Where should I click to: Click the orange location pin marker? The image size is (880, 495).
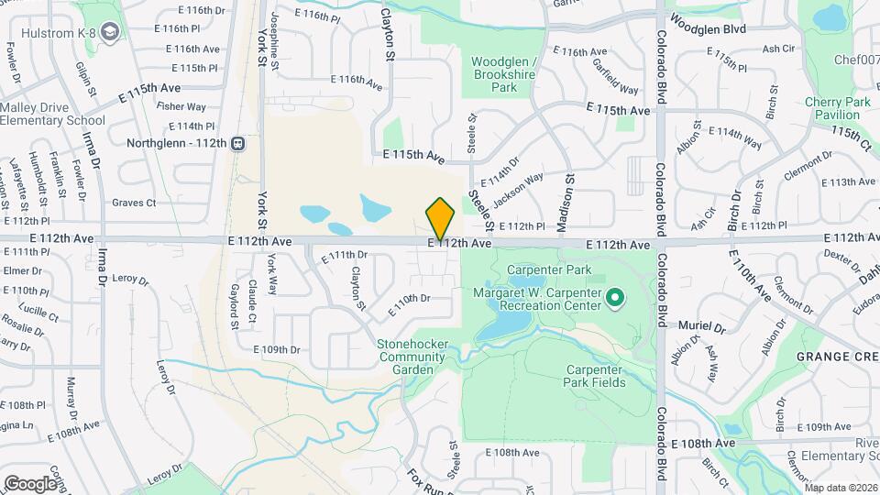(x=440, y=218)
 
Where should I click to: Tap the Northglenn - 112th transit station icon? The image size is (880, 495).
(x=237, y=143)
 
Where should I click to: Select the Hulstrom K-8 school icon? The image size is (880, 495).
(x=111, y=34)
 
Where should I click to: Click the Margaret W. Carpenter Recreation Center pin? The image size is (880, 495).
(x=616, y=296)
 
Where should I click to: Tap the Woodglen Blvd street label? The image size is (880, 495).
(x=708, y=29)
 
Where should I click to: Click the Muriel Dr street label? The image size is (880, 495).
(x=702, y=325)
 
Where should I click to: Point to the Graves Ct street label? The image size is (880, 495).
(x=134, y=203)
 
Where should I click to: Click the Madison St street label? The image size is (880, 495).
(x=567, y=194)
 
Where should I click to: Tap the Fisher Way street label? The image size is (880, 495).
(x=181, y=106)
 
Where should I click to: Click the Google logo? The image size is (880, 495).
(x=30, y=483)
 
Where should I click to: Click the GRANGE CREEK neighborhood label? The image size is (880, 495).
(x=833, y=355)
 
